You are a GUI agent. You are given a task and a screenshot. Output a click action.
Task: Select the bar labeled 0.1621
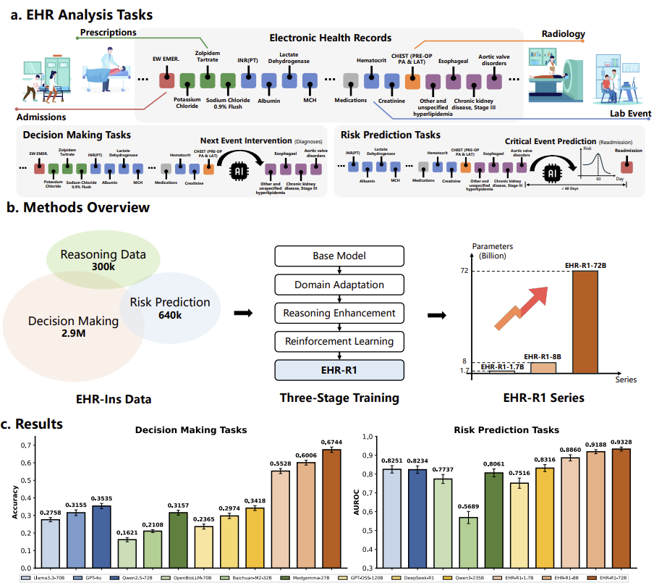(127, 553)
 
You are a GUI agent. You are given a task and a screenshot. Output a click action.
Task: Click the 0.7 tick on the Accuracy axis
(27, 445)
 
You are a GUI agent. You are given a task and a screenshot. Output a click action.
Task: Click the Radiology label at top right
(563, 33)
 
